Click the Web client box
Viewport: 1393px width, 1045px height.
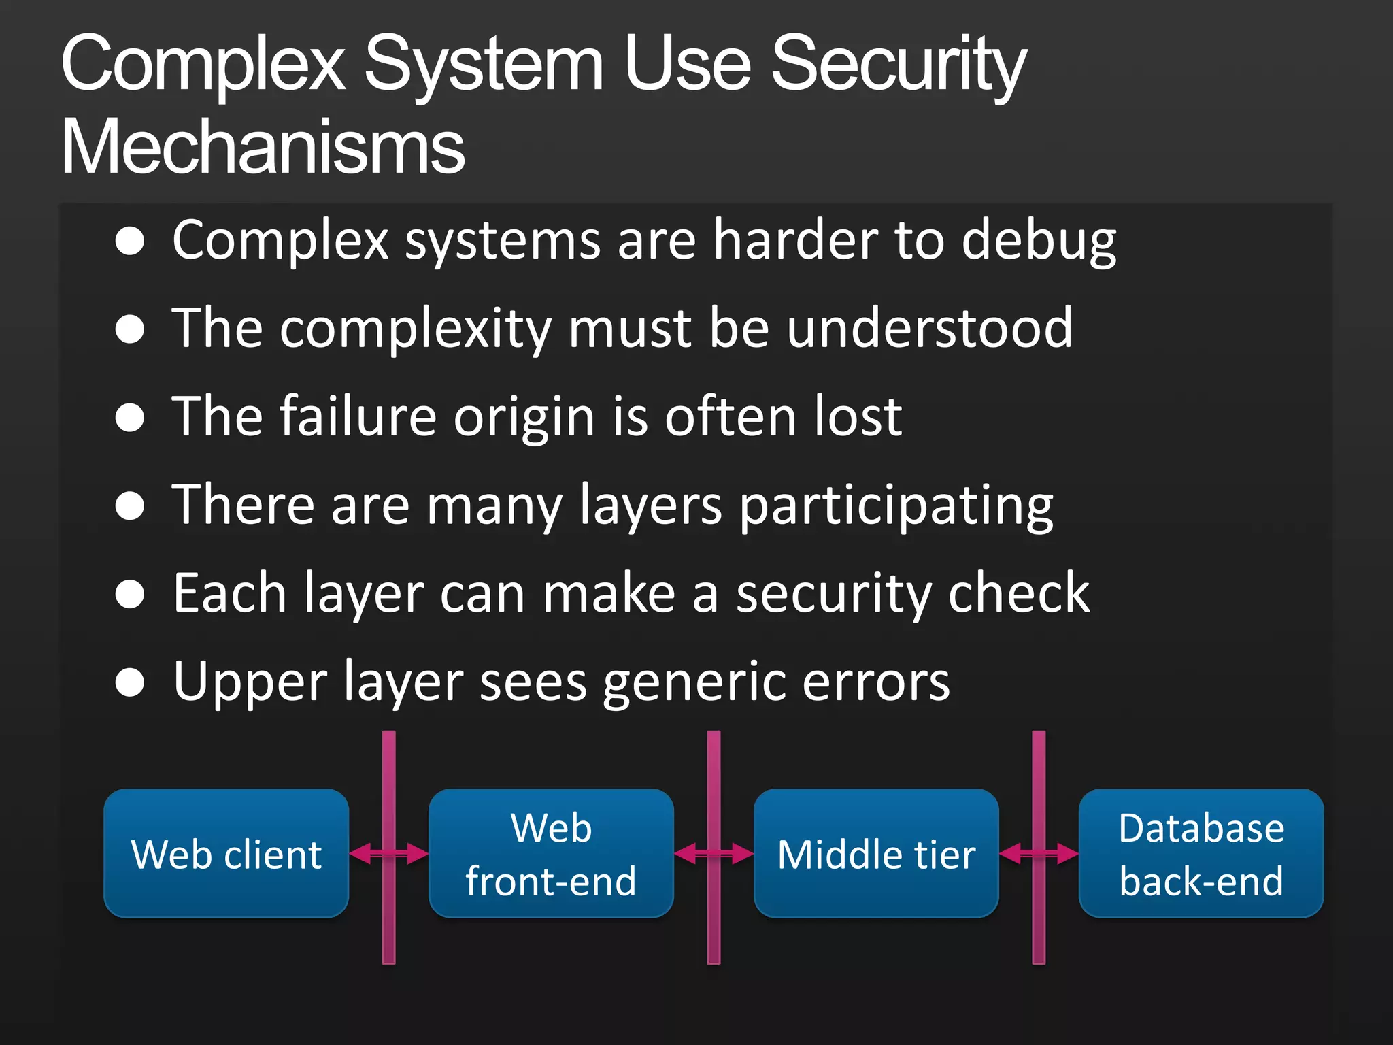point(226,853)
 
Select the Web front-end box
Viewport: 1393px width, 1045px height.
point(551,853)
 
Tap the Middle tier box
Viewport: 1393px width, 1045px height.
point(876,853)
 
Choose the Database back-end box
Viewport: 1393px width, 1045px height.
point(1201,853)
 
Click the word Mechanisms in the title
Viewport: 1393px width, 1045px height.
point(263,147)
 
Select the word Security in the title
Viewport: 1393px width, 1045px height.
point(898,65)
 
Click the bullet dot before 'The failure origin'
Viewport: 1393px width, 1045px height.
point(130,418)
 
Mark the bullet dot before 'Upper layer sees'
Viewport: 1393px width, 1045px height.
point(130,682)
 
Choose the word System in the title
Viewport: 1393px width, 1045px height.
point(484,65)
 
